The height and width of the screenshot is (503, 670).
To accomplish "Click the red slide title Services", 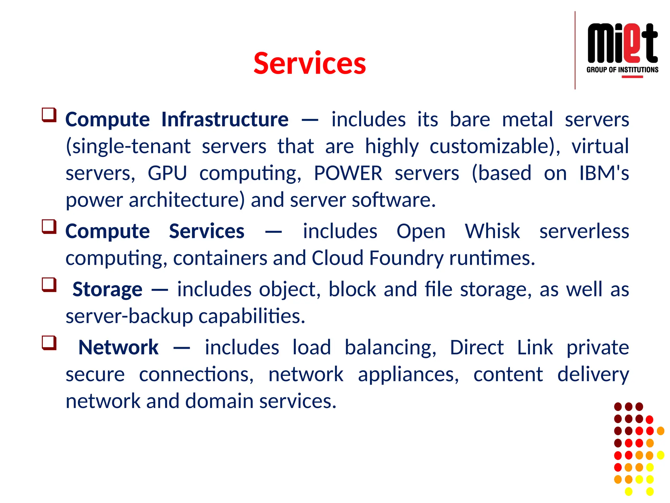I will [309, 63].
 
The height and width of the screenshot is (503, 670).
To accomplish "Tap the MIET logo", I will [622, 44].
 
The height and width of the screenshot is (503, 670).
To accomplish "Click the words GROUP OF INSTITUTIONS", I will [622, 70].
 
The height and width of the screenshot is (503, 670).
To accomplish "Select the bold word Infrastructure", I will [225, 119].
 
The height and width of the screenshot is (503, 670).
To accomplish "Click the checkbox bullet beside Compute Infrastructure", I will [49, 115].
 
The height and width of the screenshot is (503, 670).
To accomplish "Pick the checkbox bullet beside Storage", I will [49, 285].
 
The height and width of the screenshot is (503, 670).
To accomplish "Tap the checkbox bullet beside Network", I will [49, 343].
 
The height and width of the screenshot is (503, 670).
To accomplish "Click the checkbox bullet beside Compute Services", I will [49, 227].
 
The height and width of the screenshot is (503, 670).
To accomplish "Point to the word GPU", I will [167, 173].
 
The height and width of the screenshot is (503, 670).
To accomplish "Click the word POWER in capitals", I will [348, 173].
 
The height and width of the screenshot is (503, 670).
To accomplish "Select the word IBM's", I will [604, 173].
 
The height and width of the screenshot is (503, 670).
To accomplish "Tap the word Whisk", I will [492, 231].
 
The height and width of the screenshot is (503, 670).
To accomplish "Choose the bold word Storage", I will [107, 289].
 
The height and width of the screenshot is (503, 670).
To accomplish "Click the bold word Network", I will [118, 347].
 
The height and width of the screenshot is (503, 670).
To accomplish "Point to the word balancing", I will [390, 347].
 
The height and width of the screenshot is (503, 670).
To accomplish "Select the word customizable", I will [494, 146].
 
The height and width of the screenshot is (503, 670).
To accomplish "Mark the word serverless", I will [584, 231].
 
